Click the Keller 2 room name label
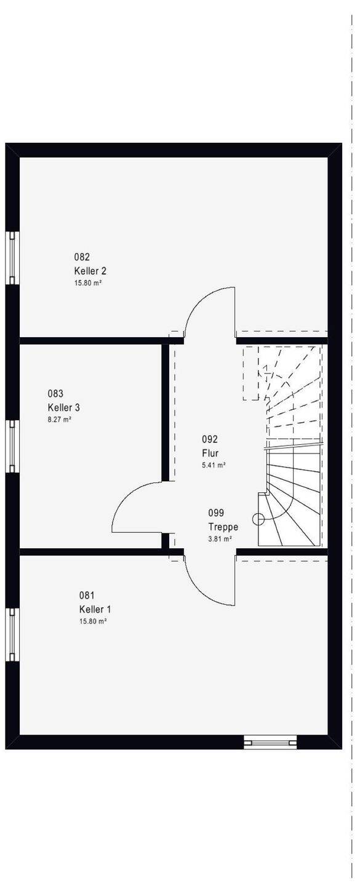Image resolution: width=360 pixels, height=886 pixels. click(90, 271)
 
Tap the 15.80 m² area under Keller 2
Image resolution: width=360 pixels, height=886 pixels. click(89, 283)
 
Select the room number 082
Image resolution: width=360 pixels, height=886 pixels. click(82, 257)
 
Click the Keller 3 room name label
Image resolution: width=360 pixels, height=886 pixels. click(64, 407)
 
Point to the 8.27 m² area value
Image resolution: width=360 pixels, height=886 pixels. click(59, 420)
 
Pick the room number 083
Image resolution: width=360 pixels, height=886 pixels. click(55, 394)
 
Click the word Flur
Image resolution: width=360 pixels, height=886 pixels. click(210, 453)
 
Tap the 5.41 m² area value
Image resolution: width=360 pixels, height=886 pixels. click(214, 465)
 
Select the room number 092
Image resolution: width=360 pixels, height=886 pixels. click(210, 439)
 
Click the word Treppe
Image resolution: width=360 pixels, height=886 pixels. click(223, 527)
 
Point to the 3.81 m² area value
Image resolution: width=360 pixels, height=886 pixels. click(220, 538)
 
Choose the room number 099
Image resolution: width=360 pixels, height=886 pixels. click(216, 513)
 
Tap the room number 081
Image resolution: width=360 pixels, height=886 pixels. click(87, 596)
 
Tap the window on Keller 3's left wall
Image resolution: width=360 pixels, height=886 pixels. click(12, 446)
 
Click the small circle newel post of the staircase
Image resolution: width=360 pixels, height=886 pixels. click(258, 518)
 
